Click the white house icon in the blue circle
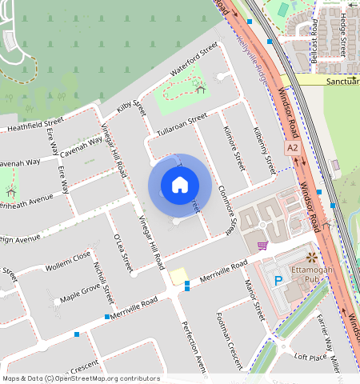(180, 185)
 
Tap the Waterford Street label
(194, 60)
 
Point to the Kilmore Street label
(234, 148)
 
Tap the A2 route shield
(294, 148)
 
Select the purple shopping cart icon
(262, 246)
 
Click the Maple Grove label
(80, 292)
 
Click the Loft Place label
(311, 357)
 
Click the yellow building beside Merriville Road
(178, 275)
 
